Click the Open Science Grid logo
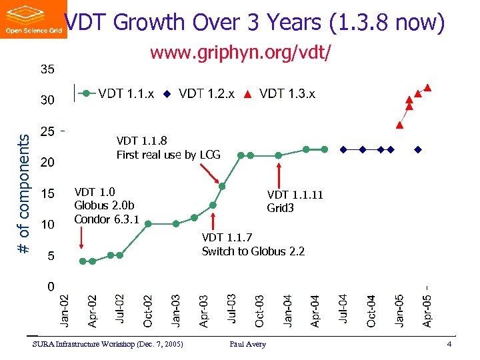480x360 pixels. click(33, 19)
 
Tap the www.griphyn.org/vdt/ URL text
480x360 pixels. click(240, 53)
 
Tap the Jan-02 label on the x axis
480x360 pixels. click(64, 310)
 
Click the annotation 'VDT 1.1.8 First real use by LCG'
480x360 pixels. click(168, 148)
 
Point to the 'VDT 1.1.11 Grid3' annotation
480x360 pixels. click(295, 201)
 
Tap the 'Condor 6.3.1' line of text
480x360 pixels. click(106, 219)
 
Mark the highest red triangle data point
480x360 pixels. click(428, 87)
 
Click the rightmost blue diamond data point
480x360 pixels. click(418, 149)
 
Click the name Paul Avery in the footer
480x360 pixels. click(247, 344)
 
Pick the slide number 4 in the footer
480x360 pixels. click(450, 344)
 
